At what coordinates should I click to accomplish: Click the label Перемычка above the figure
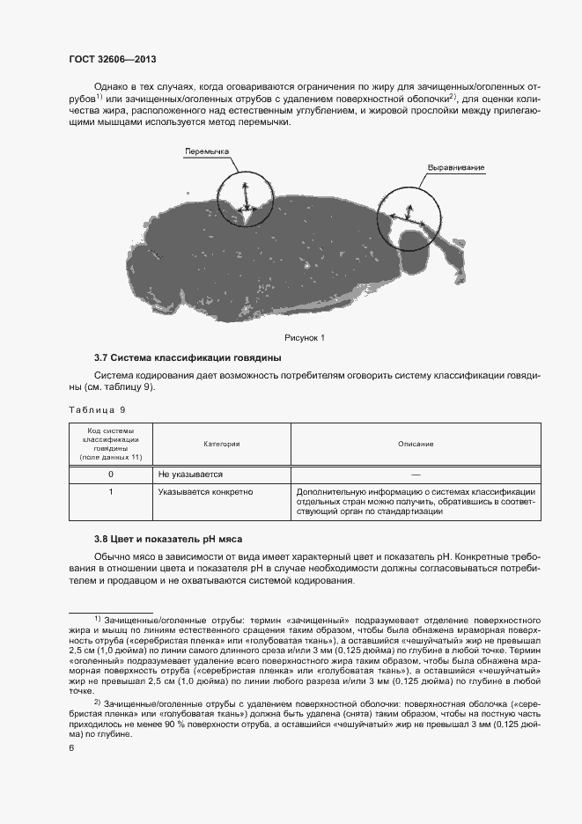(x=206, y=151)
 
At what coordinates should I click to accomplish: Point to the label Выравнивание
(x=456, y=167)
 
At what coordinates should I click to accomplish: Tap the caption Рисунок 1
(x=305, y=337)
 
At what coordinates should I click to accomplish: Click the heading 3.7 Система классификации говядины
(x=188, y=358)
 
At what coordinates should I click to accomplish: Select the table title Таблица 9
(x=98, y=409)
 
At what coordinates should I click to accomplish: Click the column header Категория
(x=222, y=444)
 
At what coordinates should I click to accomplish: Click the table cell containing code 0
(x=111, y=474)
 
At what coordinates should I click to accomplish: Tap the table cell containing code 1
(x=111, y=491)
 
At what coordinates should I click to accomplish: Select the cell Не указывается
(x=190, y=474)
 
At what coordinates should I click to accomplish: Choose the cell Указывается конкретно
(x=205, y=491)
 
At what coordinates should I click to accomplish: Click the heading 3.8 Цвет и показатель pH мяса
(x=167, y=539)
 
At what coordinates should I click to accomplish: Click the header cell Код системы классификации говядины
(x=111, y=444)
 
